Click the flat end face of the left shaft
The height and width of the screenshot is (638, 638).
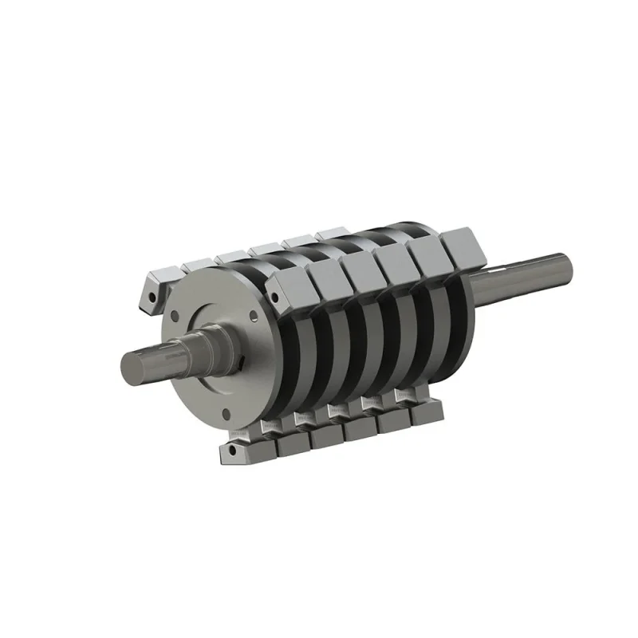(x=132, y=368)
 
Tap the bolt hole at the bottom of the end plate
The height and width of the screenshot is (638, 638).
(x=227, y=412)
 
